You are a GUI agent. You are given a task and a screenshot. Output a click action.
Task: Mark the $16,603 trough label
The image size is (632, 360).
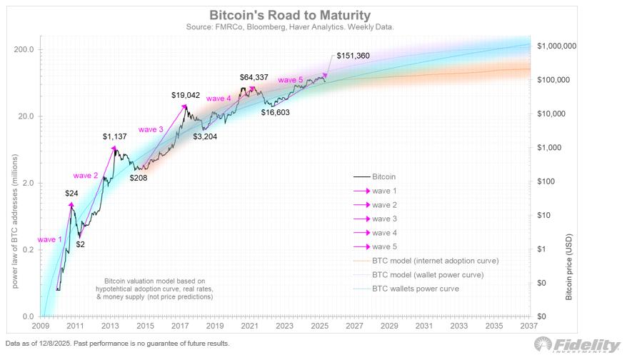tap(278, 112)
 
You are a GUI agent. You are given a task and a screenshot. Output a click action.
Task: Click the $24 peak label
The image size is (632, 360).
tap(71, 193)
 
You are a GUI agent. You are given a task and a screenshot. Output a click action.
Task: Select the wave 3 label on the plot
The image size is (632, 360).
tap(151, 129)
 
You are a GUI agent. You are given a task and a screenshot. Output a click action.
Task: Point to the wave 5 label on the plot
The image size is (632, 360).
tap(291, 79)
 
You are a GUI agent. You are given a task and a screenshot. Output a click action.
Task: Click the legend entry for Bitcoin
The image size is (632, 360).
tap(383, 176)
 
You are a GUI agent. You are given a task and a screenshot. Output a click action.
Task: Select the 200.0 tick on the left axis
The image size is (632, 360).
tap(25, 49)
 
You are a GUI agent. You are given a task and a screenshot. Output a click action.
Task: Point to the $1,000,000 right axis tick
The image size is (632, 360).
tap(556, 46)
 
